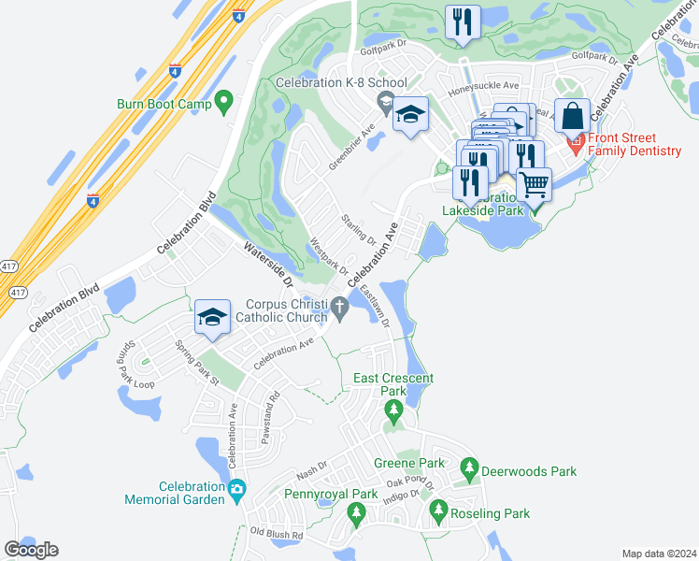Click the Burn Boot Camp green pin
pyautogui.click(x=223, y=102)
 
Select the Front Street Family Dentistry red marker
pyautogui.click(x=576, y=147)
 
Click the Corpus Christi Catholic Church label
pyautogui.click(x=286, y=311)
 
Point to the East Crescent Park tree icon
pyautogui.click(x=393, y=410)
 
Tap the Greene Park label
pyautogui.click(x=408, y=463)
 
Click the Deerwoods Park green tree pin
pyautogui.click(x=470, y=468)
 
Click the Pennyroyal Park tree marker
pyautogui.click(x=356, y=512)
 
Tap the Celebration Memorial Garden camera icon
pyautogui.click(x=237, y=489)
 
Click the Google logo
pyautogui.click(x=31, y=550)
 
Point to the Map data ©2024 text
pyautogui.click(x=659, y=554)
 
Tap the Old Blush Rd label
pyautogui.click(x=277, y=535)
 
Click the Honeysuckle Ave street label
pyautogui.click(x=483, y=85)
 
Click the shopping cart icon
pyautogui.click(x=534, y=184)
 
